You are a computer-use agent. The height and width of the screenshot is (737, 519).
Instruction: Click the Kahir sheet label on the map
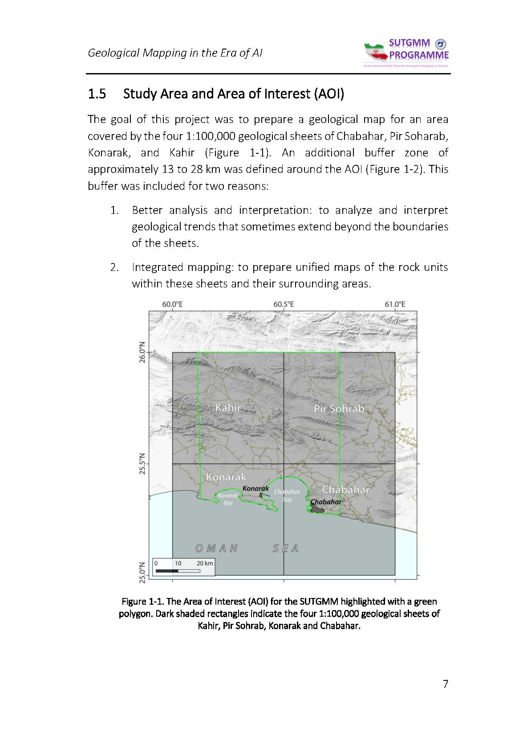click(228, 407)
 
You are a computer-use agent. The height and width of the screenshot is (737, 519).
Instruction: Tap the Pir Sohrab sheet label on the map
click(339, 409)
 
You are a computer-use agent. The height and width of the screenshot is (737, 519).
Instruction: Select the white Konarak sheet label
click(226, 477)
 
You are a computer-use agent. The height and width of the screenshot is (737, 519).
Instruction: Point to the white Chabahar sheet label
click(345, 490)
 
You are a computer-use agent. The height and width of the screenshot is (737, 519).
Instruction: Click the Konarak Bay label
click(228, 499)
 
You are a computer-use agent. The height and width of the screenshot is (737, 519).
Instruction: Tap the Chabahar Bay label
click(287, 495)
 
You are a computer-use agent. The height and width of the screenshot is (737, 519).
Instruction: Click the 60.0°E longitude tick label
click(172, 304)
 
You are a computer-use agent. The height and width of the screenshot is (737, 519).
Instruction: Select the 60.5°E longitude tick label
click(284, 304)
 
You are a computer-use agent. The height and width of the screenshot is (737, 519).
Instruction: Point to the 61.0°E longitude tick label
click(395, 304)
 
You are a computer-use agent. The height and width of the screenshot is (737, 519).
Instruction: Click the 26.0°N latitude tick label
click(142, 353)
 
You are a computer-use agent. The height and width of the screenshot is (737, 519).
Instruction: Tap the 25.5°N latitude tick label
click(142, 464)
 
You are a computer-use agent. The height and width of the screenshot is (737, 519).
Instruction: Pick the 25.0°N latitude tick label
click(142, 574)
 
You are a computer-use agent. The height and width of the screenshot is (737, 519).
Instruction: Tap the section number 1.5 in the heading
click(97, 94)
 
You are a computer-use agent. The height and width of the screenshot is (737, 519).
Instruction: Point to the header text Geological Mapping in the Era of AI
click(175, 53)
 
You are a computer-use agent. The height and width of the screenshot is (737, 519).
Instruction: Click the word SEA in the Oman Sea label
click(285, 549)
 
